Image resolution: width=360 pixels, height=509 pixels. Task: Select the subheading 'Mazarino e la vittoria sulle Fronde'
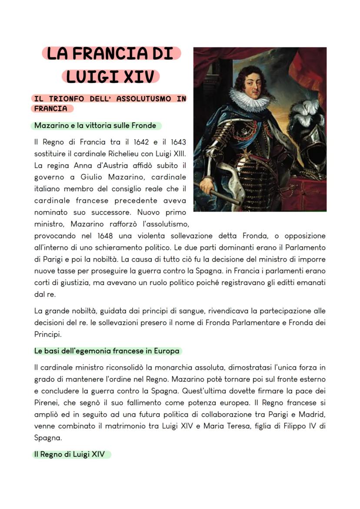pyautogui.click(x=95, y=126)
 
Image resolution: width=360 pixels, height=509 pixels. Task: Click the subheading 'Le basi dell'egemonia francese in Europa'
pyautogui.click(x=106, y=351)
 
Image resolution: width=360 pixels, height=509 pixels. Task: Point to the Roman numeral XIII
pyautogui.click(x=178, y=153)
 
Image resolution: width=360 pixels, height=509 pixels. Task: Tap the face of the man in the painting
pyautogui.click(x=251, y=83)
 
